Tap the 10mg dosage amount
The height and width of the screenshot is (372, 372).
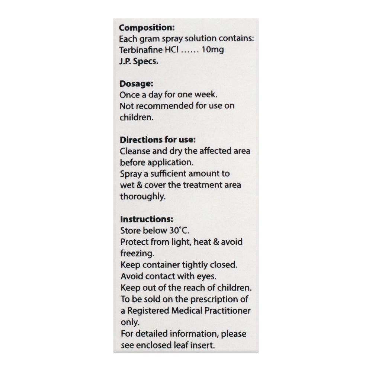click(x=212, y=49)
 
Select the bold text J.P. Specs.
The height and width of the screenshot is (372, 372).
click(x=139, y=61)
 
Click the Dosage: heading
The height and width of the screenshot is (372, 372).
click(x=137, y=84)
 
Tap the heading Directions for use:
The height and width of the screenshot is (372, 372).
click(x=158, y=140)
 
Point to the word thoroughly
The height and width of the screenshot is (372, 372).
click(x=142, y=197)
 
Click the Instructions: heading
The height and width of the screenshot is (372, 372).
click(x=146, y=219)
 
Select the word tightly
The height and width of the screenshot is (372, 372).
click(x=200, y=265)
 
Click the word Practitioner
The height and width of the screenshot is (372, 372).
click(x=227, y=311)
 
